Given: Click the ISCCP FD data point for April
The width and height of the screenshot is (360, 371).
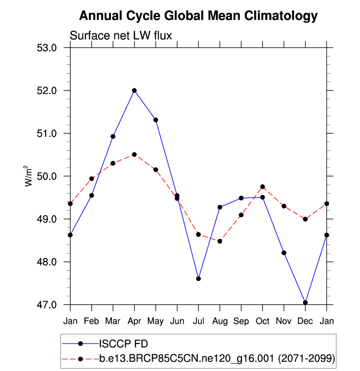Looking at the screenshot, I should click(x=134, y=90).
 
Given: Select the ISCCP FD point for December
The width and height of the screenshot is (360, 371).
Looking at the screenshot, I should click(x=305, y=302).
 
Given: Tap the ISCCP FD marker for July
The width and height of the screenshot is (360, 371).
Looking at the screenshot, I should click(x=198, y=279).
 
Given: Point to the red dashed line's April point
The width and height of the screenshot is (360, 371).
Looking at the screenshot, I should click(x=134, y=154).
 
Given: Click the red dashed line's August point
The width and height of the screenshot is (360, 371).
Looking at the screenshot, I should click(x=220, y=241).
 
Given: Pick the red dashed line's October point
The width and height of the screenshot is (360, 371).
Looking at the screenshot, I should click(x=262, y=187).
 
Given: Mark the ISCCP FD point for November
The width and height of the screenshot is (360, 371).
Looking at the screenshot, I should click(x=284, y=253).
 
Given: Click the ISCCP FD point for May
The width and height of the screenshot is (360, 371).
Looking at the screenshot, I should click(x=156, y=120).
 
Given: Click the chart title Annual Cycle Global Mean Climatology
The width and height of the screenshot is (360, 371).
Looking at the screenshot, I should click(x=198, y=16).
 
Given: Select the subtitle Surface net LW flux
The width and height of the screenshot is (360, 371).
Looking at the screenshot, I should click(x=120, y=35).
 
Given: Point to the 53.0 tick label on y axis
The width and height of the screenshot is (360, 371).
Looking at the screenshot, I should click(x=48, y=48).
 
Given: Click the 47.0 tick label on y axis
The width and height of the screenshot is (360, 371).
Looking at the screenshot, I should click(x=48, y=305).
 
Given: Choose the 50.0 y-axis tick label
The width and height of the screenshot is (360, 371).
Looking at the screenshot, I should click(x=48, y=176).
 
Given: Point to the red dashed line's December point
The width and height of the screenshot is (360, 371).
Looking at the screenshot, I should click(x=305, y=219).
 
